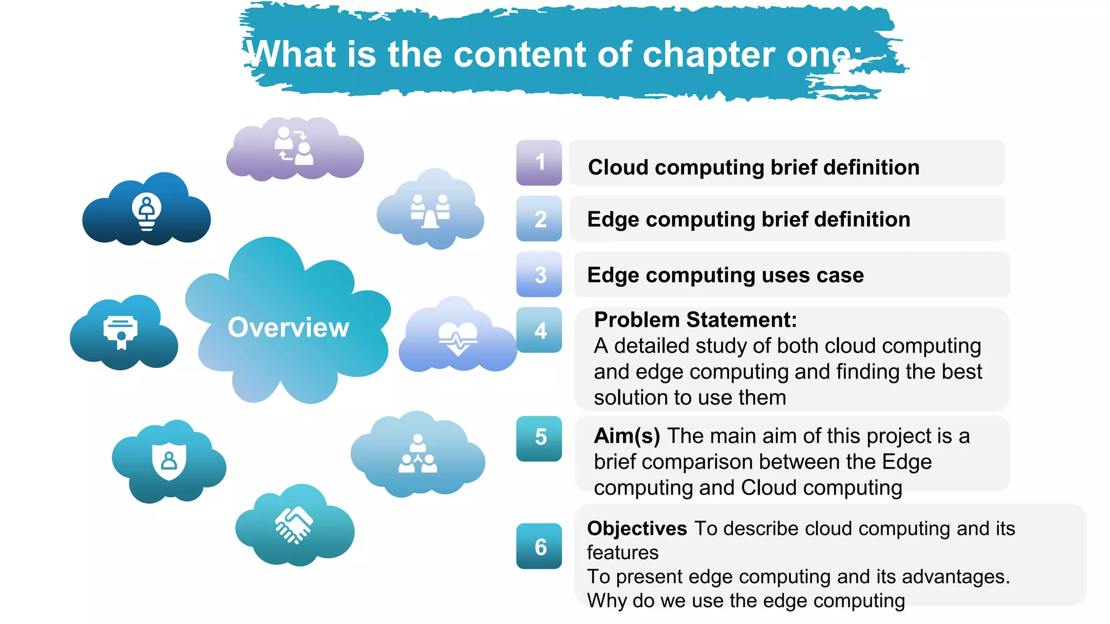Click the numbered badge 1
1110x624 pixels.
pyautogui.click(x=539, y=162)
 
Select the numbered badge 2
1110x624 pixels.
pyautogui.click(x=539, y=219)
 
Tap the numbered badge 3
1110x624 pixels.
pyautogui.click(x=539, y=275)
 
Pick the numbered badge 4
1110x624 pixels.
pyautogui.click(x=539, y=330)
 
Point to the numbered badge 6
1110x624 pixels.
pyautogui.click(x=539, y=546)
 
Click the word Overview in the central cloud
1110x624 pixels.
pyautogui.click(x=288, y=327)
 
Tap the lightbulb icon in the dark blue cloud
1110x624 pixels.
pyautogui.click(x=146, y=211)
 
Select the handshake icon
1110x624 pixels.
pyautogui.click(x=294, y=524)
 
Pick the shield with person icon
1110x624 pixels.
pyautogui.click(x=169, y=461)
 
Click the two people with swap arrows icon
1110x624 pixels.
pyautogui.click(x=293, y=146)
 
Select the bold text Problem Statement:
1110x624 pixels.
pyautogui.click(x=695, y=320)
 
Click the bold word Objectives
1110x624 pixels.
pyautogui.click(x=637, y=528)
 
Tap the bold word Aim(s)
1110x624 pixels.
pyautogui.click(x=627, y=436)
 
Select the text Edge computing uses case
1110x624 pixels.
pyautogui.click(x=725, y=275)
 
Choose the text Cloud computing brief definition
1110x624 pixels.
pyautogui.click(x=753, y=167)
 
